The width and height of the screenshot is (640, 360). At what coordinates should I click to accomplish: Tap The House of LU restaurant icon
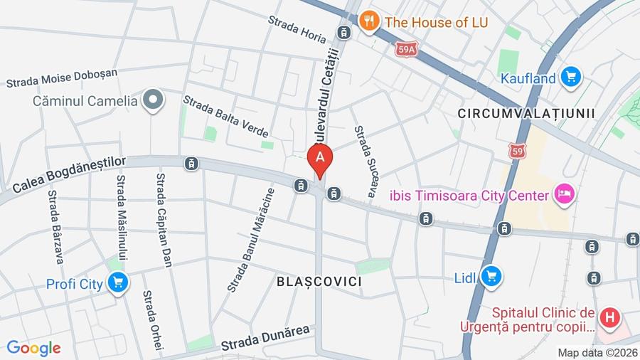point(368,21)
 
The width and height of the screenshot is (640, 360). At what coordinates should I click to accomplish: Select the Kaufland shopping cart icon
point(570,77)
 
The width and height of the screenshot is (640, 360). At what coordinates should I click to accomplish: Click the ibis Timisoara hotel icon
point(565,194)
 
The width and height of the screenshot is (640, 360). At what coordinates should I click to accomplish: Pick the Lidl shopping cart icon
point(491,276)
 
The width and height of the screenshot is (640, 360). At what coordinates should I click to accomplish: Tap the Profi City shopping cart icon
point(118,283)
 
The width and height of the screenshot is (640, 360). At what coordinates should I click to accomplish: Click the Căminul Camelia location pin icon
point(152,100)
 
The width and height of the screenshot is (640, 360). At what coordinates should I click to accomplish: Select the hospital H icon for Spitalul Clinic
point(609,317)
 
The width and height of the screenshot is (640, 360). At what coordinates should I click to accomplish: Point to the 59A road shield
point(406,49)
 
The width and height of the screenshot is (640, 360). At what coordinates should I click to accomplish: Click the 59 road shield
point(518,151)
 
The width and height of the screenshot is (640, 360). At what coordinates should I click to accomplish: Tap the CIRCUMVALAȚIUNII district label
point(526,114)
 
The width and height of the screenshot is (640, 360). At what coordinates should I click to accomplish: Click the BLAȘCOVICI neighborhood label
point(319,282)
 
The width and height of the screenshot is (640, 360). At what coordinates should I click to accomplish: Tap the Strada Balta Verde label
point(225,116)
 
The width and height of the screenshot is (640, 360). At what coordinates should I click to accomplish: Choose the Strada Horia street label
point(297,28)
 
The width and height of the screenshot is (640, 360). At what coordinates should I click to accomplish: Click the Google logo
point(33,348)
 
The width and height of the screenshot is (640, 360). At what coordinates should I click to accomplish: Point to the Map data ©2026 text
point(597,352)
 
